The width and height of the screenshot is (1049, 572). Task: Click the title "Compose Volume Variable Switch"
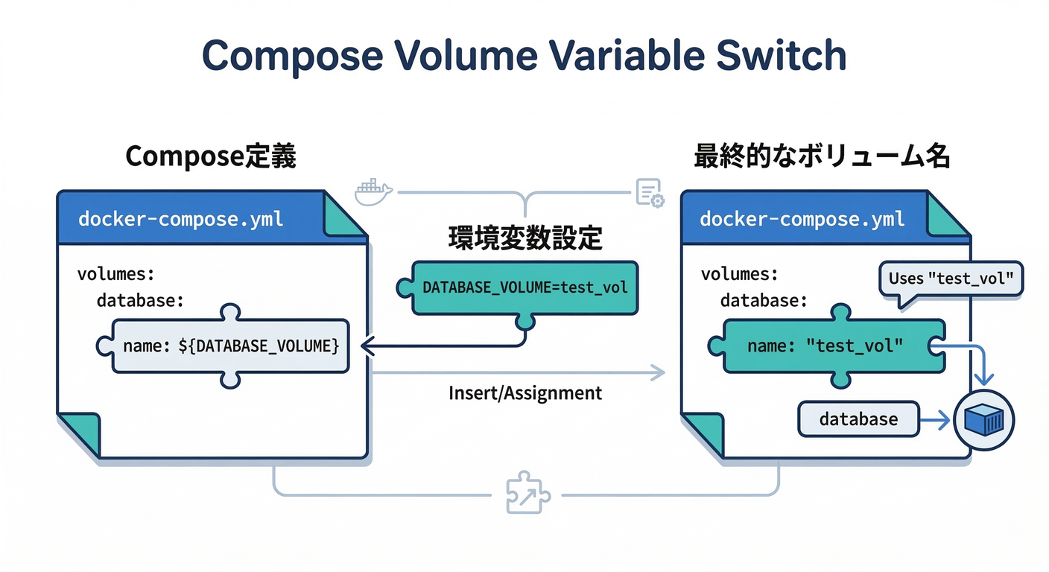click(524, 56)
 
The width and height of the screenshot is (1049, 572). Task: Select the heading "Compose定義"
click(211, 157)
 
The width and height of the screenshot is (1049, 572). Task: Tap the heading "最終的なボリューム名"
click(822, 157)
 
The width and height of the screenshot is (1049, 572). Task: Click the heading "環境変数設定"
click(525, 238)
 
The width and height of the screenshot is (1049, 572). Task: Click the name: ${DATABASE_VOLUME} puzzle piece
click(230, 346)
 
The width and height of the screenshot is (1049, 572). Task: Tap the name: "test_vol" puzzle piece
click(825, 346)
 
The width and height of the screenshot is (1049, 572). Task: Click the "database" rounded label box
click(858, 419)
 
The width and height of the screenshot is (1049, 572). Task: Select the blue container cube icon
click(984, 420)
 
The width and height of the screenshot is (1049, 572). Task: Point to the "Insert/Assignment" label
click(525, 393)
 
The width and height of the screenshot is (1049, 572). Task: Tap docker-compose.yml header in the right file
click(802, 219)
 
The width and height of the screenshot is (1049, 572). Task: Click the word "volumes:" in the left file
click(115, 274)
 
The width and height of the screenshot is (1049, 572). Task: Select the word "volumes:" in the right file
click(739, 274)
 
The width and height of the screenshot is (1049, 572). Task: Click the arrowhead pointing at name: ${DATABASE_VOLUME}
click(366, 346)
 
